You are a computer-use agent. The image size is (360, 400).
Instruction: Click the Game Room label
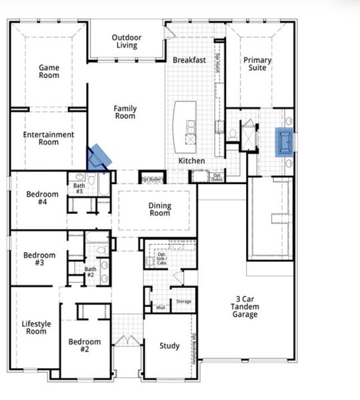point(49,71)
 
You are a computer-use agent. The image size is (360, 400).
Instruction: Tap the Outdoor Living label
point(126,41)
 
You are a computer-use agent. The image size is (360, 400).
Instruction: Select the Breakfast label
point(189,60)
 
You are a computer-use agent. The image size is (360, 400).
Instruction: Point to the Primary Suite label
point(257,64)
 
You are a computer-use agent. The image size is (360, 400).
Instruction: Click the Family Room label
point(125,112)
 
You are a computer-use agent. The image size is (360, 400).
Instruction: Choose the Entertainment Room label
point(49,138)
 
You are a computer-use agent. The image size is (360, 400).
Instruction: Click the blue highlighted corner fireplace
point(99,157)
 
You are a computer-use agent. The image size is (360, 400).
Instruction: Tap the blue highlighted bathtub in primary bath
point(285,142)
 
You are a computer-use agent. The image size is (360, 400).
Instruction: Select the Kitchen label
point(191,161)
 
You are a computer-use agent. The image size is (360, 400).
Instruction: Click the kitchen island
point(185,126)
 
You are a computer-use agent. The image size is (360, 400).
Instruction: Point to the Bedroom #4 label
point(42,199)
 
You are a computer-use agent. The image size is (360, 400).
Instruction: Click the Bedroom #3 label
point(39,259)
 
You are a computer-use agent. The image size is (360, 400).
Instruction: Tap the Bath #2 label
point(91,273)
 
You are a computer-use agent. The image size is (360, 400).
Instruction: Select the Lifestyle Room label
point(37,327)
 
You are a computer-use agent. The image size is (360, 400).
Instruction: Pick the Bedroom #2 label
point(85,346)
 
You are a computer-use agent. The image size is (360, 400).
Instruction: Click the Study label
point(169,346)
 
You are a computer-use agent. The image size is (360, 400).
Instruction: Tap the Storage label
point(183,302)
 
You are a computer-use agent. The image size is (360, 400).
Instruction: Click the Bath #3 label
point(79,189)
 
